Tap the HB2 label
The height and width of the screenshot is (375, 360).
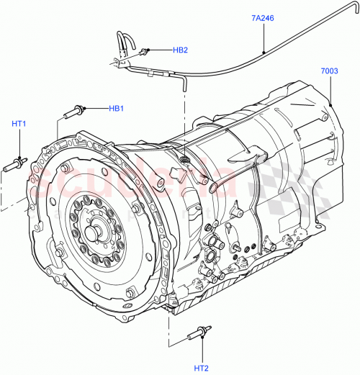[179, 50]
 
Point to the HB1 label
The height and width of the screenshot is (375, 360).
[116, 108]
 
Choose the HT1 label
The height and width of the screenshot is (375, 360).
[19, 124]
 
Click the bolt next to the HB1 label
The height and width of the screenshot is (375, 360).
[77, 111]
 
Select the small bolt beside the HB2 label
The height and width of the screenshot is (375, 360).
[147, 51]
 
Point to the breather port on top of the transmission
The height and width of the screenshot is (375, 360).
[185, 157]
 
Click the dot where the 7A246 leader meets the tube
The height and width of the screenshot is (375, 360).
[264, 52]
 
